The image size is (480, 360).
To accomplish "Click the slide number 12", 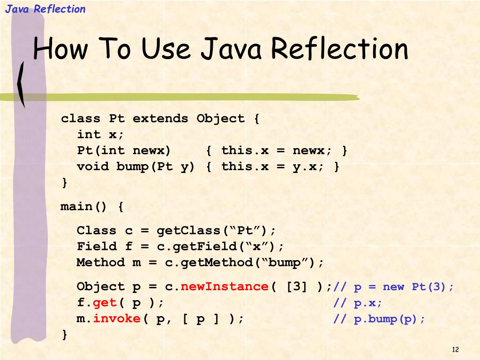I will point(455,350).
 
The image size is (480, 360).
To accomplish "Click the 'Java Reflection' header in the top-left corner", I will point(45,9).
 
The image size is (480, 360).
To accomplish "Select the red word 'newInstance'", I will point(225,287).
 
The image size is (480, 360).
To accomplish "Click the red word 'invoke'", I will point(117,319).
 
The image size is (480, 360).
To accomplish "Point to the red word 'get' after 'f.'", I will point(105,303).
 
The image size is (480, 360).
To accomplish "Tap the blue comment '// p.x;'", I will point(358,303).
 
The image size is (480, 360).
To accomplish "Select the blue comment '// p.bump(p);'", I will point(379,319).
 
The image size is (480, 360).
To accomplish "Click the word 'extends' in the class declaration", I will point(160,119).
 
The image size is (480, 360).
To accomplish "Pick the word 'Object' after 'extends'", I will point(220,119).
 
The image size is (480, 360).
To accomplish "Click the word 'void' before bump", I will point(93,166).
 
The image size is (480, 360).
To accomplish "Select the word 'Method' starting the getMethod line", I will point(101,262).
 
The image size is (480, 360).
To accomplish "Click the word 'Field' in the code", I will point(97,247).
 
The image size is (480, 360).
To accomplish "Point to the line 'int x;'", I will point(101,135).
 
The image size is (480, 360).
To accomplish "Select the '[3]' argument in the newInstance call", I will point(297,287).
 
